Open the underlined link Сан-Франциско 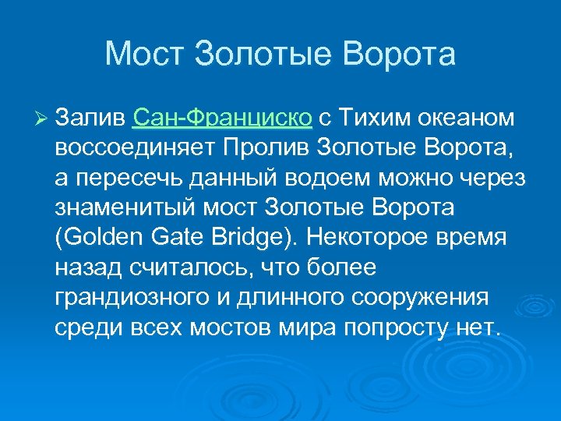pos(223,118)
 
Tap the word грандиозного pos(133,298)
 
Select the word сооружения pos(421,298)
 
